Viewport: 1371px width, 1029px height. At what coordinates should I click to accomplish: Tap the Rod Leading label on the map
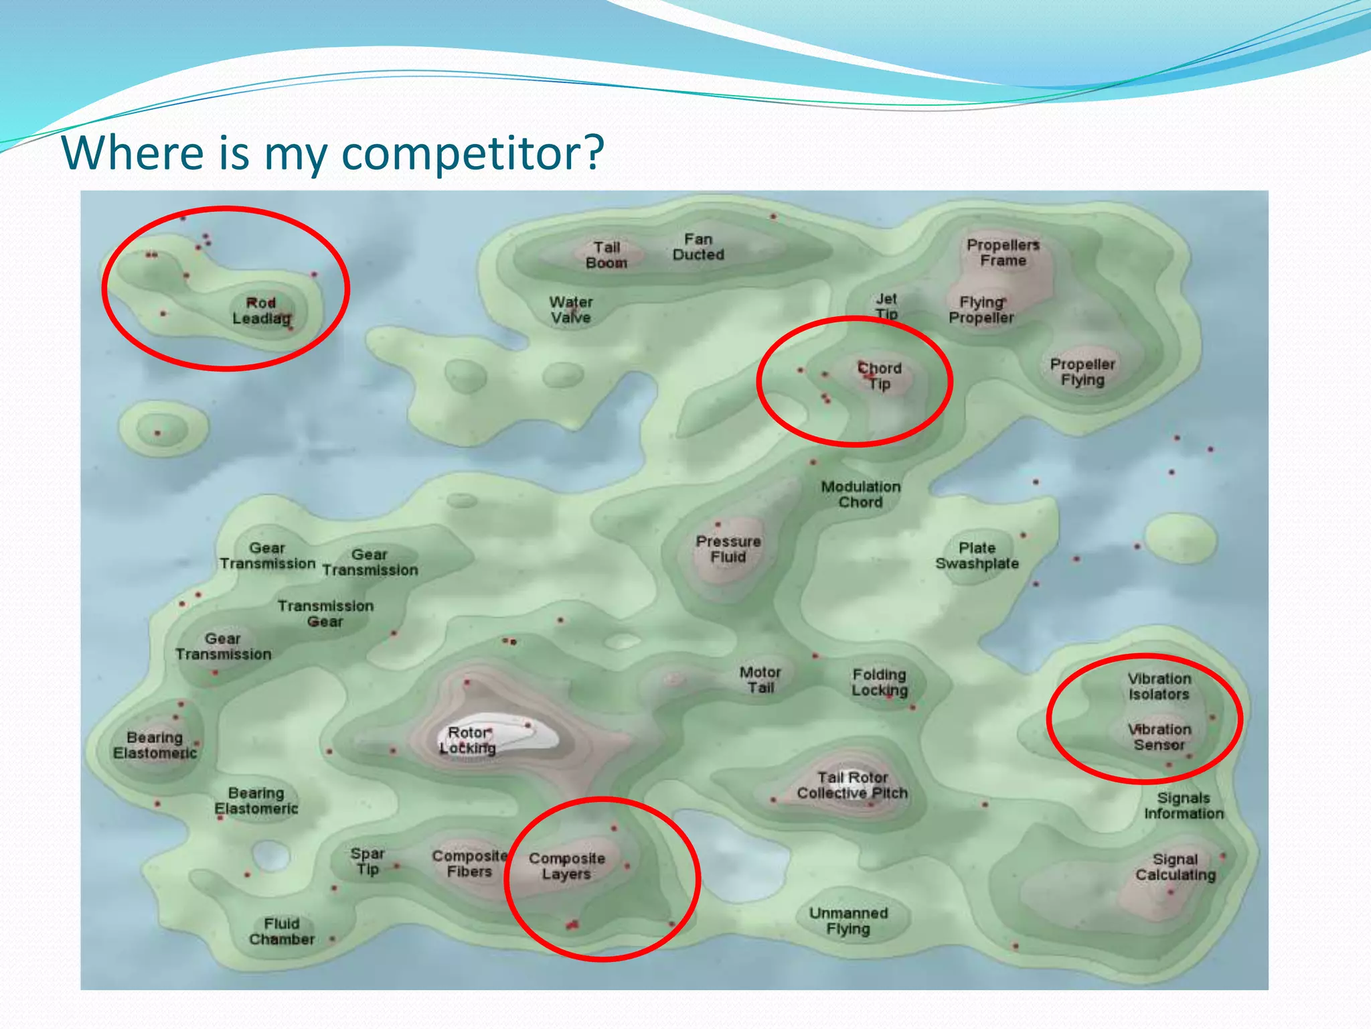(261, 311)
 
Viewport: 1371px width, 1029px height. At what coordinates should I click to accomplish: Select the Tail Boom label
(607, 255)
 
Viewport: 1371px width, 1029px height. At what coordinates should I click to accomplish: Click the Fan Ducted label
(698, 247)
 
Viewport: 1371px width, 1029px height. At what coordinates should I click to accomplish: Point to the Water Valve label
(571, 310)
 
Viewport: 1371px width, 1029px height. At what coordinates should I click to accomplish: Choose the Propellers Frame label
(1003, 253)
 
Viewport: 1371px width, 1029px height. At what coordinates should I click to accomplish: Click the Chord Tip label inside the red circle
(880, 376)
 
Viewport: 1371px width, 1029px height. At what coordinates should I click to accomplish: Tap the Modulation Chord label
(861, 494)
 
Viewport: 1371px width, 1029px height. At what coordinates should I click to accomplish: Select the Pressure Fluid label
(728, 549)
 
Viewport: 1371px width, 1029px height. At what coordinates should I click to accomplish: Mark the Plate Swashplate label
(977, 556)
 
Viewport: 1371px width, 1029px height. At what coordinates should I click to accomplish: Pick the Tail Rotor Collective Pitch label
(852, 785)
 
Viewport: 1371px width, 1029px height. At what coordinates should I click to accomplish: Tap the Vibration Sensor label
(1159, 737)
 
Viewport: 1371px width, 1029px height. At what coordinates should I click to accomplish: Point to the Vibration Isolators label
(1159, 686)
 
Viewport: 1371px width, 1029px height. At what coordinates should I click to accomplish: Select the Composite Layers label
(566, 866)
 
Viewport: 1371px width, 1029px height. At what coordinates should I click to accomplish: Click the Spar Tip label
(368, 862)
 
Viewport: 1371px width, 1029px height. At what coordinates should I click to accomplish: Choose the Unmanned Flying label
(848, 920)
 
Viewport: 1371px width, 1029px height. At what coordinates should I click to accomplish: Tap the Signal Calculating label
(1176, 867)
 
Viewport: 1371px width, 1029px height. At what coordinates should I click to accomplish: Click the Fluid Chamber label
(282, 931)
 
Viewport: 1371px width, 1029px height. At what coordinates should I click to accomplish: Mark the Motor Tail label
(760, 679)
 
